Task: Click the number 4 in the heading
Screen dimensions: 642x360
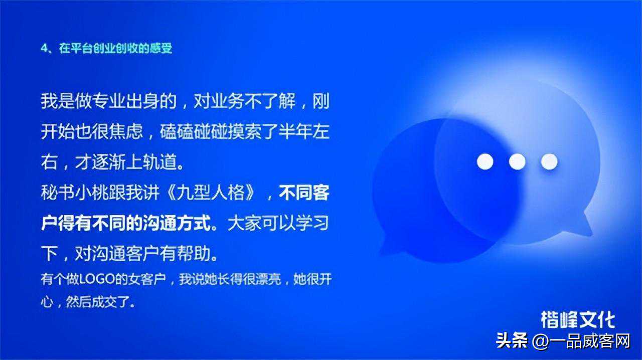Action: [x=44, y=48]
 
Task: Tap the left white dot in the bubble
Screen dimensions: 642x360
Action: [x=485, y=161]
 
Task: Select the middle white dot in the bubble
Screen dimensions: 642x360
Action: [x=517, y=161]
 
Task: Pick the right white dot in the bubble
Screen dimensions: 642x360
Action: [x=549, y=161]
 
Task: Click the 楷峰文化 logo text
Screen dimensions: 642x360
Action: [x=578, y=320]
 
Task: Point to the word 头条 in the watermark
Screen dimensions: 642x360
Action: [x=512, y=341]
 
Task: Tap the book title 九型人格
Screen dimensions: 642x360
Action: [x=211, y=193]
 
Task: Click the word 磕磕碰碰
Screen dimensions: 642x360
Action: [x=194, y=132]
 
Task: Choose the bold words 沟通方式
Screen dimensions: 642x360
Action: [x=177, y=223]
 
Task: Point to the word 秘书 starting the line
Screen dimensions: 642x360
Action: [x=57, y=193]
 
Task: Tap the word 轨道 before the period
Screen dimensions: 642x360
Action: [x=160, y=162]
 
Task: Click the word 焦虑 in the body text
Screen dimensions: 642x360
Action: [x=125, y=132]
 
